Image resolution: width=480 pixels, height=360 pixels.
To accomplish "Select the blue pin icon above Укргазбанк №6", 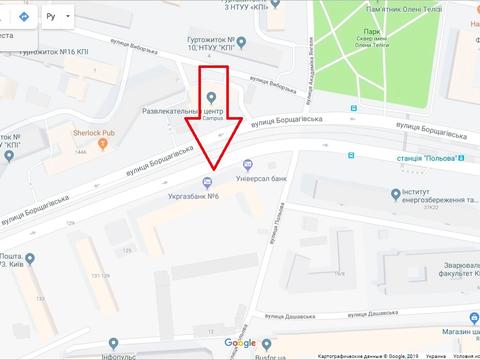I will [x=207, y=181].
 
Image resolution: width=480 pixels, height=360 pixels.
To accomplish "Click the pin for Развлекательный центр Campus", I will [x=211, y=96].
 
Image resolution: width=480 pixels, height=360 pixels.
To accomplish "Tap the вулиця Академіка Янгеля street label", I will [x=314, y=82].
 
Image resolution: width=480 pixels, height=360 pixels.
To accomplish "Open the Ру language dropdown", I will [x=58, y=17].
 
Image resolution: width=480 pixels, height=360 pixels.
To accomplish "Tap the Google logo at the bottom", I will [x=239, y=344].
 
